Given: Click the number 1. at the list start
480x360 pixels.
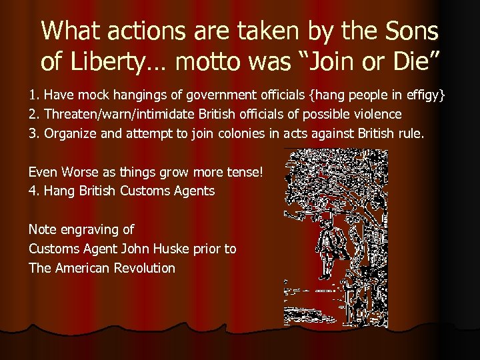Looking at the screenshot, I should click(33, 95).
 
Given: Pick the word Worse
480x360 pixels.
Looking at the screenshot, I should click(79, 172).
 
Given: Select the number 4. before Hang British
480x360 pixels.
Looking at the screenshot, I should click(33, 191).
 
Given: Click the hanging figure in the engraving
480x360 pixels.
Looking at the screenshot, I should click(326, 247).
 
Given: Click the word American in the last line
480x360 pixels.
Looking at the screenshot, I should click(81, 268).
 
